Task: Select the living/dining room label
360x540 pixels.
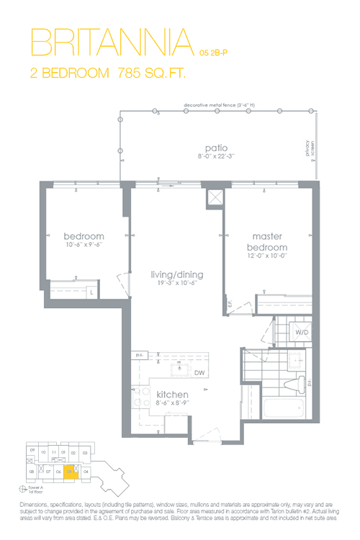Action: [x=176, y=274]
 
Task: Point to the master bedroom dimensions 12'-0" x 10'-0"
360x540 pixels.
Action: [x=269, y=254]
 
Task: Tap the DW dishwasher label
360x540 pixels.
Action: [x=199, y=372]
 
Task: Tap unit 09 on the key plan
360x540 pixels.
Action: [x=32, y=451]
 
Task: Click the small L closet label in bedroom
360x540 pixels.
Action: [x=92, y=292]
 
